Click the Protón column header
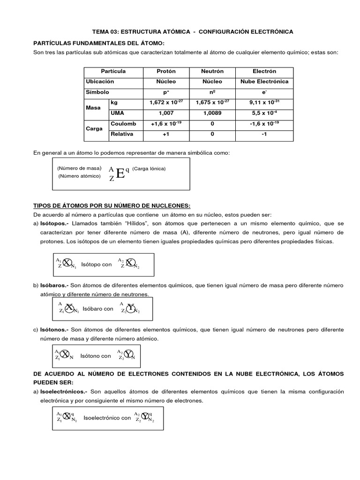pyautogui.click(x=166, y=71)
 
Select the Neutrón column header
pyautogui.click(x=212, y=71)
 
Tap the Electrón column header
pyautogui.click(x=264, y=71)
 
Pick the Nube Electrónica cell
pyautogui.click(x=264, y=82)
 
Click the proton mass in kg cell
pyautogui.click(x=166, y=102)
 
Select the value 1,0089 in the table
pyautogui.click(x=212, y=113)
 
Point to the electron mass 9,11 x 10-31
pyautogui.click(x=264, y=102)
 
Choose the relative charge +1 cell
pyautogui.click(x=166, y=134)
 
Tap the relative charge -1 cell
pyautogui.click(x=264, y=134)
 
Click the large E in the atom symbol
pyautogui.click(x=120, y=174)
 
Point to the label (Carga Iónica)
pyautogui.click(x=149, y=168)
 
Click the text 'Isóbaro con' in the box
pyautogui.click(x=98, y=309)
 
